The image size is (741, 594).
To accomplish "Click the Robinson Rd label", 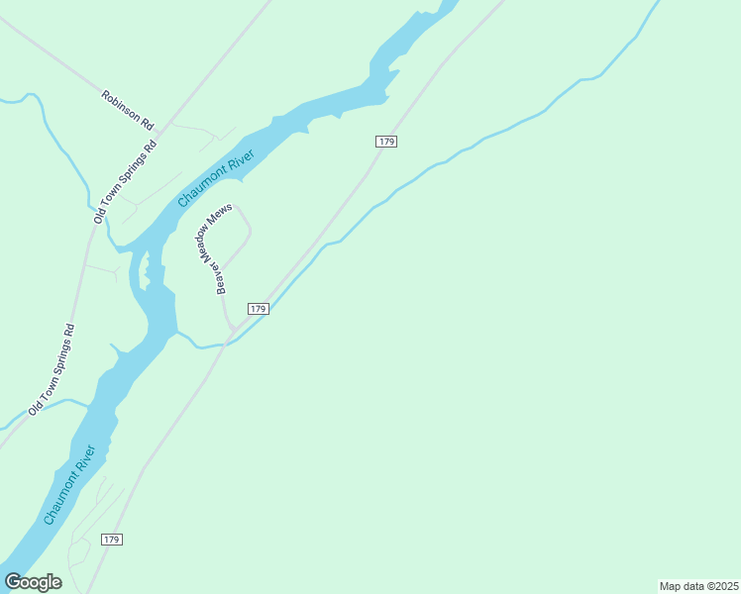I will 129,110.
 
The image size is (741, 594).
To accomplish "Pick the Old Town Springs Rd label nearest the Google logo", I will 53,368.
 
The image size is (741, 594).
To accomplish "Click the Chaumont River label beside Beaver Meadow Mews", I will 216,178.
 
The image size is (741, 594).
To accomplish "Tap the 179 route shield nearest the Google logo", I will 111,539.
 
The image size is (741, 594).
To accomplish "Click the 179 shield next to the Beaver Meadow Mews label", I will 258,309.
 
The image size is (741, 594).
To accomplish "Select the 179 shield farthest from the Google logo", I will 386,143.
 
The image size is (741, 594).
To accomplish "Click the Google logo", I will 33,582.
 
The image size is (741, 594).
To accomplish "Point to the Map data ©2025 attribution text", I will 699,586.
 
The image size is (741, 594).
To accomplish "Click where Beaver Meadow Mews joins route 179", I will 232,334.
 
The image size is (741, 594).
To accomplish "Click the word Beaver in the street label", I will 220,279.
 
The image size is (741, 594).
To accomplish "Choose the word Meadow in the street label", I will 206,244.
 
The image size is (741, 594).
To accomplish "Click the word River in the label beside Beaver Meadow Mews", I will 240,161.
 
